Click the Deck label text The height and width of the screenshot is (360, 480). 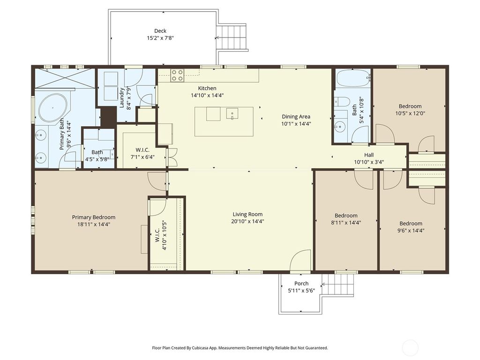pyautogui.click(x=160, y=31)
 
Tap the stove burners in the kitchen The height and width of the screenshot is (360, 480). pyautogui.click(x=177, y=75)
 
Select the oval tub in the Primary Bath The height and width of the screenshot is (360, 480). pyautogui.click(x=52, y=108)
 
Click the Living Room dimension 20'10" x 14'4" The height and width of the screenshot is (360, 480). pyautogui.click(x=247, y=221)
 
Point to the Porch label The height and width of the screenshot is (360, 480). pyautogui.click(x=301, y=284)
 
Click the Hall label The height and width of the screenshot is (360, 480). pyautogui.click(x=369, y=155)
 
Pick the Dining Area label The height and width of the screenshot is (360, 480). pyautogui.click(x=296, y=117)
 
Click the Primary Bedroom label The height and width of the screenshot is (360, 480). pyautogui.click(x=93, y=217)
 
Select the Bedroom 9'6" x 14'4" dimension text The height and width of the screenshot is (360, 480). pyautogui.click(x=411, y=230)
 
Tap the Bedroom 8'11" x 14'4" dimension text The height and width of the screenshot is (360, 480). pyautogui.click(x=345, y=223)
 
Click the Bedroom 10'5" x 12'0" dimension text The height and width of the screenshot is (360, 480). pyautogui.click(x=410, y=113)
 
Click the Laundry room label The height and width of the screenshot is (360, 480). pyautogui.click(x=122, y=98)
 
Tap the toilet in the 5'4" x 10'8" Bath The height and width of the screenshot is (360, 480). pyautogui.click(x=342, y=102)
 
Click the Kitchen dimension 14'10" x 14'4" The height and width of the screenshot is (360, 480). pyautogui.click(x=207, y=95)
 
